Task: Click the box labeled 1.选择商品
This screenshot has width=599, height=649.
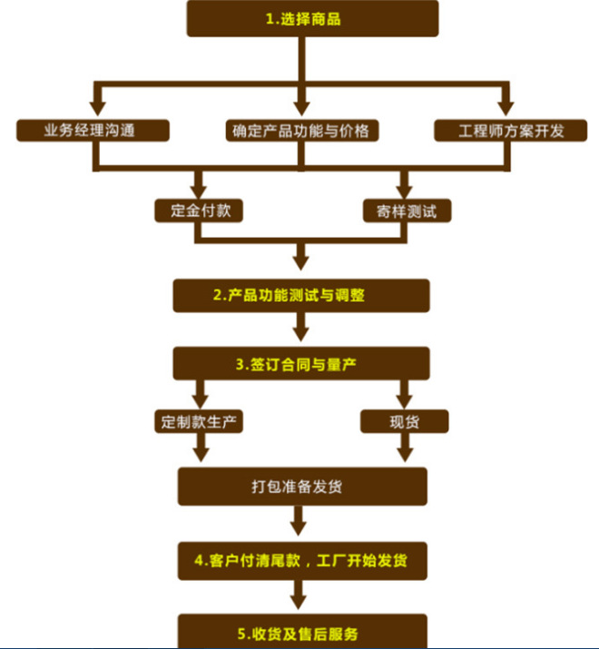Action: (x=312, y=18)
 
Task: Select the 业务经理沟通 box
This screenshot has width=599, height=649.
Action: (x=93, y=130)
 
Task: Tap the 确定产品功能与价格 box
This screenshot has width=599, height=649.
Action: (x=300, y=130)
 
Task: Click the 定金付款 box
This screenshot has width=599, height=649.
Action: (x=200, y=211)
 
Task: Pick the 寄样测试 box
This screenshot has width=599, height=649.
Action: (x=405, y=211)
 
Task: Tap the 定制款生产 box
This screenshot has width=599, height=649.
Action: (x=200, y=422)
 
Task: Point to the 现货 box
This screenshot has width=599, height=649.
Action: (x=405, y=422)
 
